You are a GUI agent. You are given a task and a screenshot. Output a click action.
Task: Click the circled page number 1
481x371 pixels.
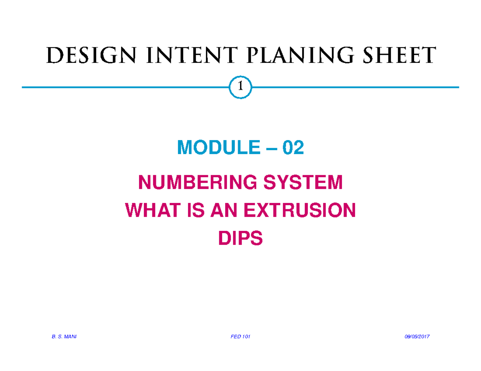pos(240,87)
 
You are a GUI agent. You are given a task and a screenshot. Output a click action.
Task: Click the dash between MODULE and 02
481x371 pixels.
pos(271,149)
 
